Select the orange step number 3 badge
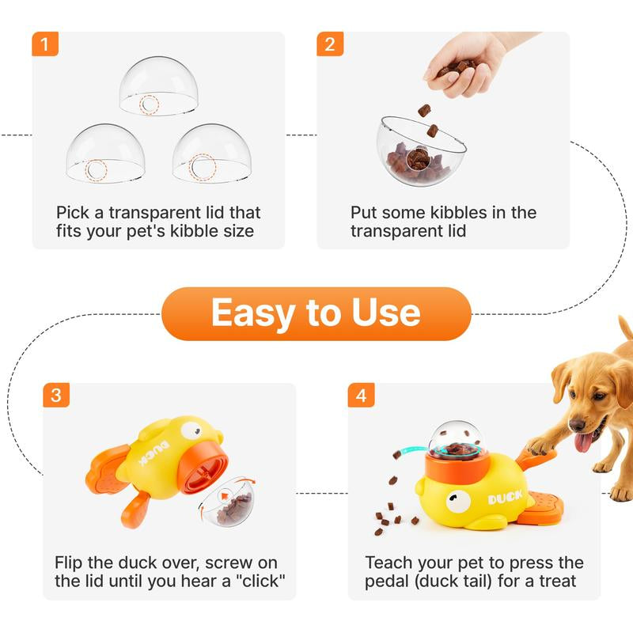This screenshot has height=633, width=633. pos(55,395)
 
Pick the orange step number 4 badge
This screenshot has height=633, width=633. pos(361,395)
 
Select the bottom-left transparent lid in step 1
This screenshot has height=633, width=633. pos(104,154)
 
